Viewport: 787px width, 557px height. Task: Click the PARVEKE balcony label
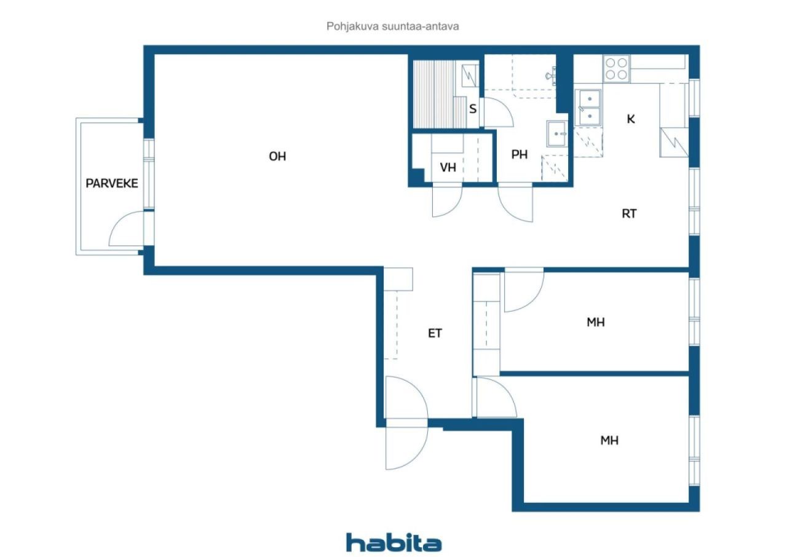point(112,183)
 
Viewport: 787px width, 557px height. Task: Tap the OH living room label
point(277,156)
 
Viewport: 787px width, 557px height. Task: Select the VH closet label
point(448,167)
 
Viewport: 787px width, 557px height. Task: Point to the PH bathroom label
point(520,154)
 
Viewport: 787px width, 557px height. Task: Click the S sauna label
point(473,109)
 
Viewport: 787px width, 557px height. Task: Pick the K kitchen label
point(631,119)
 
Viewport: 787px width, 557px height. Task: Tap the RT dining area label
point(629,213)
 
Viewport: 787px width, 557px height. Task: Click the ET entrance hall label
point(435,333)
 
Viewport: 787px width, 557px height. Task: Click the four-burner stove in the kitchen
point(617,68)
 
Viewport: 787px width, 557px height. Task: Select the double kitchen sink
point(588,108)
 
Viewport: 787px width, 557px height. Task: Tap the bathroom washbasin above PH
point(557,134)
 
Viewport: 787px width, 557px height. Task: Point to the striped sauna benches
point(435,94)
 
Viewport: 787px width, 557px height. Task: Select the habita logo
point(393,543)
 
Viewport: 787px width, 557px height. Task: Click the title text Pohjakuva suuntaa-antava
point(392,26)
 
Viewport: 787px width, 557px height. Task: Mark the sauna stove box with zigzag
point(470,76)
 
